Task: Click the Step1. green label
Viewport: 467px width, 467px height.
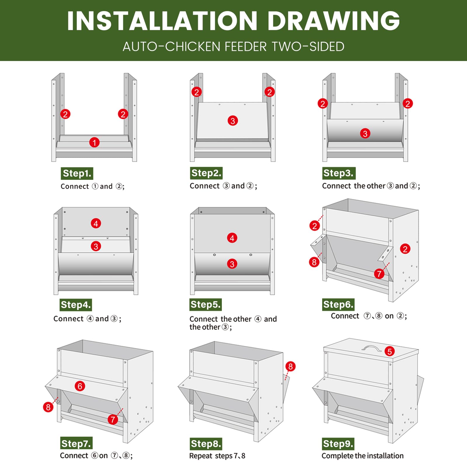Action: tap(77, 173)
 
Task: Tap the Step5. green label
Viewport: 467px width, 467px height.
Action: tap(205, 305)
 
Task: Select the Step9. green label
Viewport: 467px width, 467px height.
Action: tap(338, 444)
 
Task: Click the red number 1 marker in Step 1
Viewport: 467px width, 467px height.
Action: tap(94, 143)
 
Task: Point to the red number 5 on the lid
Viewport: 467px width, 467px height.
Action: tap(389, 351)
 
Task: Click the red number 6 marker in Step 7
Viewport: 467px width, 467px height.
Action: tap(80, 386)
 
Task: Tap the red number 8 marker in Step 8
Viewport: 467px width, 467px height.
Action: tap(290, 366)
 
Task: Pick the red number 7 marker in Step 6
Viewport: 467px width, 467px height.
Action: tap(379, 274)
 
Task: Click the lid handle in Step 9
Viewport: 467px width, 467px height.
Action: tap(372, 348)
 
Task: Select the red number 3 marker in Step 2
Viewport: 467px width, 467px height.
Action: tap(233, 121)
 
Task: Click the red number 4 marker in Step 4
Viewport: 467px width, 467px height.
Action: tap(96, 224)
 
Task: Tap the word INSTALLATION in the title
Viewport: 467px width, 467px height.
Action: tap(162, 21)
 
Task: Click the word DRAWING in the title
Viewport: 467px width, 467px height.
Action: tap(334, 21)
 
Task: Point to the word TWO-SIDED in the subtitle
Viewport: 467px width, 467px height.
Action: tap(308, 47)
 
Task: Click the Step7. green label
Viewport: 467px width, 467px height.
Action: tap(76, 444)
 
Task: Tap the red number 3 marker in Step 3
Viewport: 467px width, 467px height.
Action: tap(365, 134)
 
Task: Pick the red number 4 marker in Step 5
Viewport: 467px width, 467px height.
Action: tap(232, 238)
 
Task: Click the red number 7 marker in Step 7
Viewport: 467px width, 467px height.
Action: tap(113, 420)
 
